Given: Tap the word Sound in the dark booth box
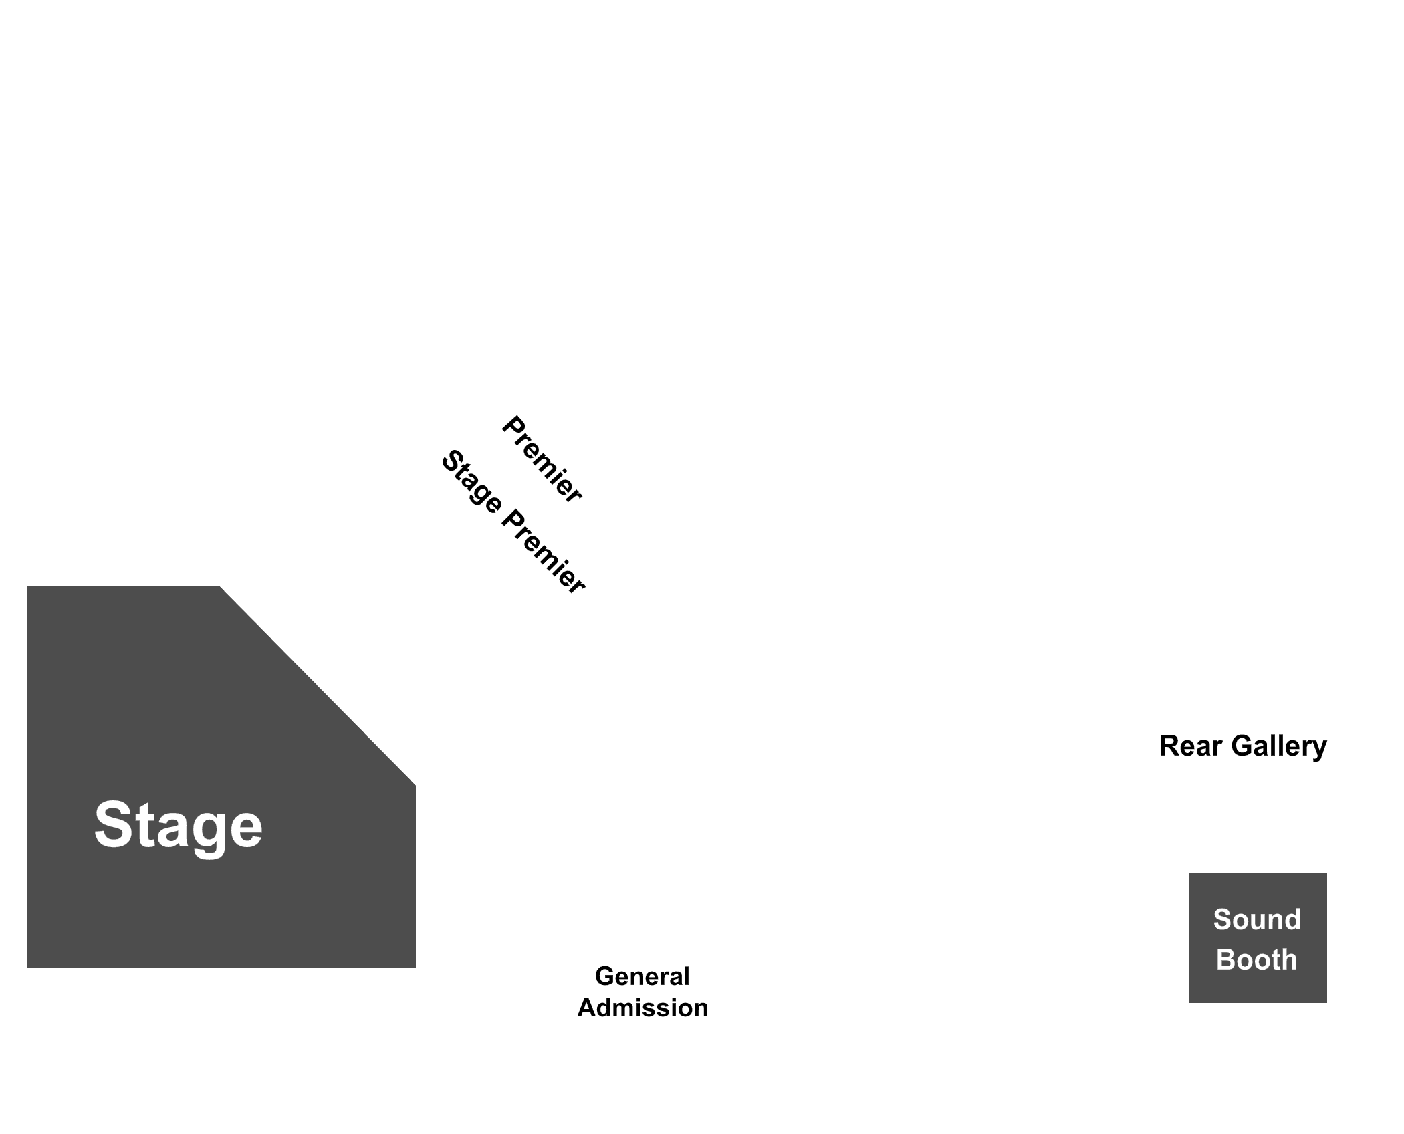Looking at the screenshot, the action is pos(1257,919).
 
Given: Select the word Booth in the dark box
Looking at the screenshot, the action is pos(1257,959).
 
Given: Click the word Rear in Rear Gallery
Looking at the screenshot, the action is pos(1188,746).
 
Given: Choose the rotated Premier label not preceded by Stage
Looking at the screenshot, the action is pos(542,459).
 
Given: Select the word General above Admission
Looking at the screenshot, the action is pos(642,976).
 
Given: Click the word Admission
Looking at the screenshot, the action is pos(642,1008).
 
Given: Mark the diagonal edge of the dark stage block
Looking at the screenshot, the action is pos(318,685).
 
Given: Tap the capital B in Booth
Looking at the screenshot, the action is pos(1225,959).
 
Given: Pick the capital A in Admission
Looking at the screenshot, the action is pos(588,1008).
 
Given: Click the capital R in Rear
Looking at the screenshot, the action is pos(1170,746).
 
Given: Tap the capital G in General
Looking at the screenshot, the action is pos(606,976).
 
